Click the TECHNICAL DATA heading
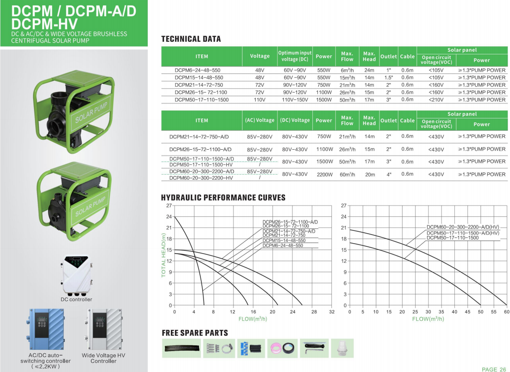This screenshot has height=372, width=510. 191,39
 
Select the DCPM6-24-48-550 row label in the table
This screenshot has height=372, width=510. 197,70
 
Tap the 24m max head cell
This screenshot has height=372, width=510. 369,70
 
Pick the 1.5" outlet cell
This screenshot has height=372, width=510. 389,78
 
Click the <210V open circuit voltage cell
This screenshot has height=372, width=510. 436,99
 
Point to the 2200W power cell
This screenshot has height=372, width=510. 324,174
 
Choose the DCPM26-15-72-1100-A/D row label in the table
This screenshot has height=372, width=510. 200,149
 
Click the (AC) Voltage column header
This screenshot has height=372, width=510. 260,120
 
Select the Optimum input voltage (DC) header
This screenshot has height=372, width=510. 295,56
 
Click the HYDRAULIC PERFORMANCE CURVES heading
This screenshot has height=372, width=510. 223,197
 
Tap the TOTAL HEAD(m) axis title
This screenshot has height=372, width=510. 164,255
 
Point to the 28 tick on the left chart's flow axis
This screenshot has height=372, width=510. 314,312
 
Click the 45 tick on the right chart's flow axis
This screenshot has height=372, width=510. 467,312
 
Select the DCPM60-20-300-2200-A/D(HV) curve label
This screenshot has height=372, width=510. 462,227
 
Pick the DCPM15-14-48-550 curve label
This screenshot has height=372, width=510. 284,240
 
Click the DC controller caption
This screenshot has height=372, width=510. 76,299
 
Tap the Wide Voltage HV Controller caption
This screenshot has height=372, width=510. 103,358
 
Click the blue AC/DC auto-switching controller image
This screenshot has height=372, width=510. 45,329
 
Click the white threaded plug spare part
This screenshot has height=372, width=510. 342,348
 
